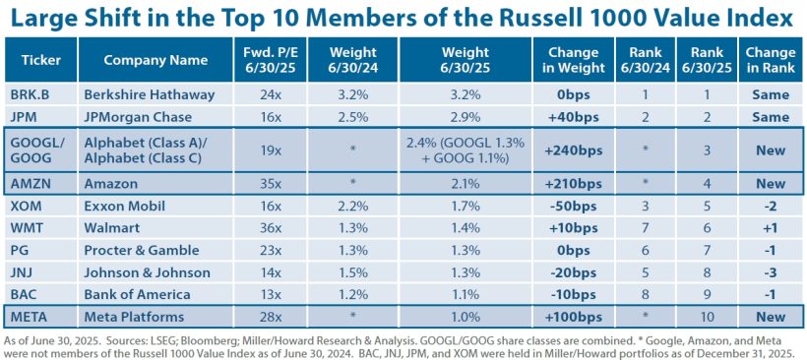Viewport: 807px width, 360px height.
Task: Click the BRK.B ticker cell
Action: click(x=34, y=95)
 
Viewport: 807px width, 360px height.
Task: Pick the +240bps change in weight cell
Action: click(x=566, y=150)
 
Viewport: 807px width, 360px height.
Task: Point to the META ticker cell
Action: click(x=30, y=316)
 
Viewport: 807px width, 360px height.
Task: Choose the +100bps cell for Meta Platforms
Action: click(x=566, y=316)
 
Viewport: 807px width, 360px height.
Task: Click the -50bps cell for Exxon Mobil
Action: click(x=566, y=207)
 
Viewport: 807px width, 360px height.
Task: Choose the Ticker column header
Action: click(x=40, y=60)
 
